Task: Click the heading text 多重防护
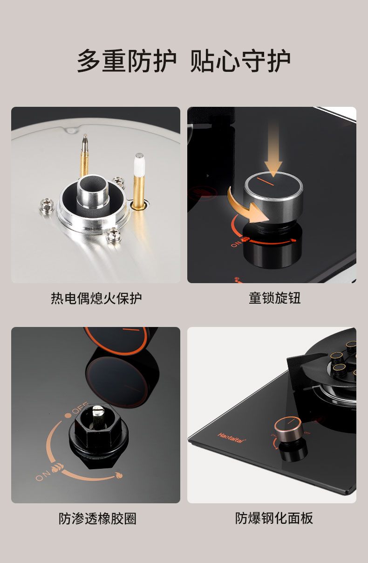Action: (x=127, y=61)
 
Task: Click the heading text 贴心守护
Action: (x=240, y=61)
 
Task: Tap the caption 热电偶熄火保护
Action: (x=96, y=299)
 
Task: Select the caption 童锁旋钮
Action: (x=275, y=298)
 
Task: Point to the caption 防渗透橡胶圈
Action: (x=97, y=519)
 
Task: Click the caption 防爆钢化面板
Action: (x=274, y=518)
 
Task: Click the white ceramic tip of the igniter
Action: (x=138, y=161)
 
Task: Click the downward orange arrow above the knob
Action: (x=273, y=149)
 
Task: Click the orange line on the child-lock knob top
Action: (x=266, y=181)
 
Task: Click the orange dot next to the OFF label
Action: (x=67, y=415)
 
